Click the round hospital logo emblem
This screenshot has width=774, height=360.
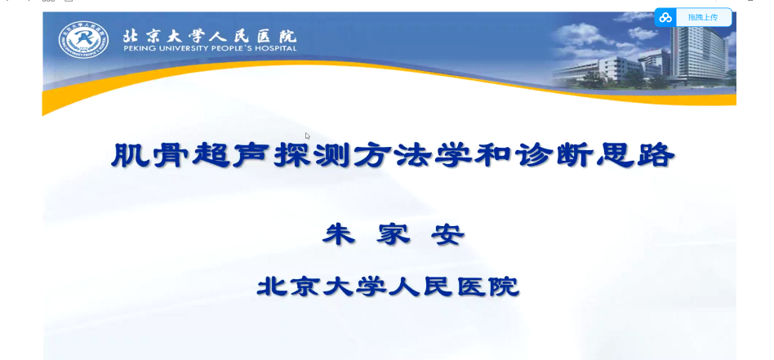[x=83, y=39]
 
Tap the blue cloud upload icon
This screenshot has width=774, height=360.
[x=665, y=18]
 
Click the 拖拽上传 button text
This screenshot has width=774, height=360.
[x=703, y=18]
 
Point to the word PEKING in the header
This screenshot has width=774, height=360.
[x=136, y=48]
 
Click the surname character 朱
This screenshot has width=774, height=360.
[x=339, y=234]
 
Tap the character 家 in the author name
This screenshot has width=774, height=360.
[x=394, y=234]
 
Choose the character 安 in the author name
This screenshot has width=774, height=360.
[x=448, y=234]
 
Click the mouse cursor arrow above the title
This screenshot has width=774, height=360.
[x=307, y=136]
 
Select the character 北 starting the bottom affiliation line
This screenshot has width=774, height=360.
[x=272, y=287]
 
